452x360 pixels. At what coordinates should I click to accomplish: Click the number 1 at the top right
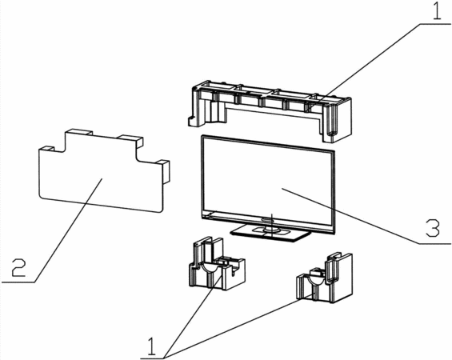(438, 10)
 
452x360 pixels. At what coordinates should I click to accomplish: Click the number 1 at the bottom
(151, 346)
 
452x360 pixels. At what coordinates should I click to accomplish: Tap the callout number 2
(18, 268)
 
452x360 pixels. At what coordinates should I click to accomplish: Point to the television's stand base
(271, 232)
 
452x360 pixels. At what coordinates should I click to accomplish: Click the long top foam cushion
(270, 111)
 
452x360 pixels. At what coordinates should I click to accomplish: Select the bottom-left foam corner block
(217, 264)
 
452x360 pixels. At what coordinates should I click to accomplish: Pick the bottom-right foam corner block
(324, 278)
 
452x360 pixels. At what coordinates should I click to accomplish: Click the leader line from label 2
(69, 230)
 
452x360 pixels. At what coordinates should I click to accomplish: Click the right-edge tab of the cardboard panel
(166, 171)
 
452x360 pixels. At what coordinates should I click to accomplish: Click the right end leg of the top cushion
(338, 121)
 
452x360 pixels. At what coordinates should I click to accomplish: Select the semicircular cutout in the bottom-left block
(209, 268)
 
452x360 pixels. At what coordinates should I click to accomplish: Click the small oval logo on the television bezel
(268, 220)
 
